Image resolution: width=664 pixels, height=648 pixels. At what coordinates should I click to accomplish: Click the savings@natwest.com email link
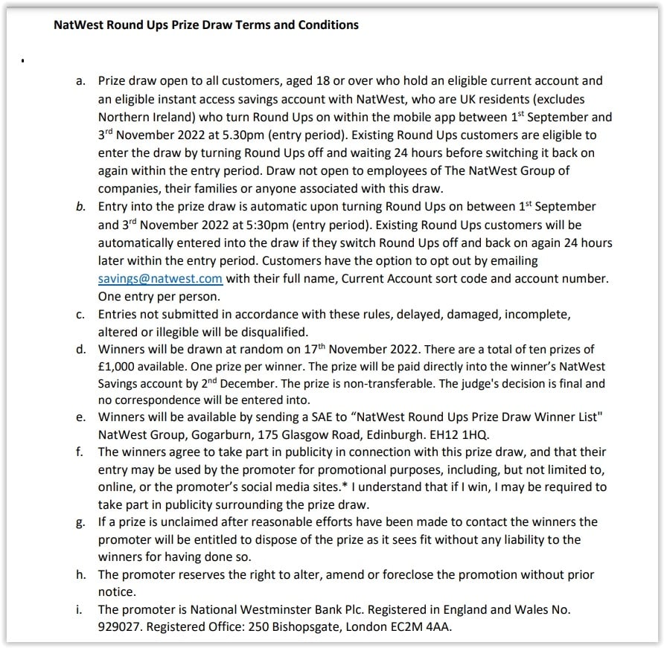tap(161, 279)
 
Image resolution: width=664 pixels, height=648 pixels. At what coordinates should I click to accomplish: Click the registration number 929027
tap(119, 627)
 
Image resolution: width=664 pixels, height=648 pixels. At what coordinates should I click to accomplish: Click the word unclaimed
tap(179, 522)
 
